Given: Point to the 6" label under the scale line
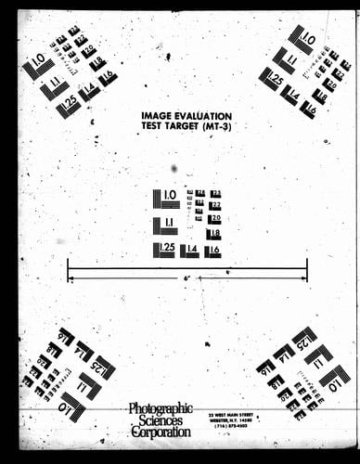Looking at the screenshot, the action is tap(186, 277).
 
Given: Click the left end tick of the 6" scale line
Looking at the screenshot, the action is tap(69, 269).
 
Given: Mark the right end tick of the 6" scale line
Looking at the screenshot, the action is tap(307, 269).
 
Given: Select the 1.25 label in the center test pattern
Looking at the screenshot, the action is tap(166, 248).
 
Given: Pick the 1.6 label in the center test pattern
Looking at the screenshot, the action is tap(213, 249).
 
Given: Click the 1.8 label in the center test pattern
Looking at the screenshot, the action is tap(214, 233).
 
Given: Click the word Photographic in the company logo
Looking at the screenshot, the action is tap(160, 408).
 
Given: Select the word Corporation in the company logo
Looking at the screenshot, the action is tap(161, 432).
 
